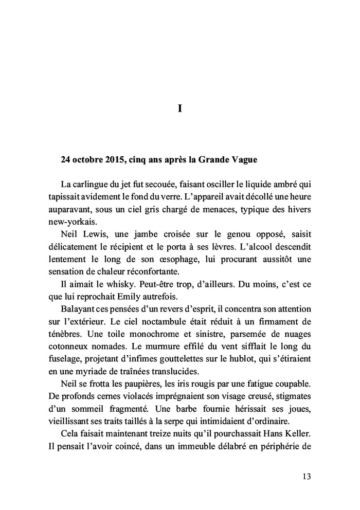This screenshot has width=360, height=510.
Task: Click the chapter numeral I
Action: [x=180, y=109]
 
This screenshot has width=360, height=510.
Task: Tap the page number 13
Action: [x=307, y=476]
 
